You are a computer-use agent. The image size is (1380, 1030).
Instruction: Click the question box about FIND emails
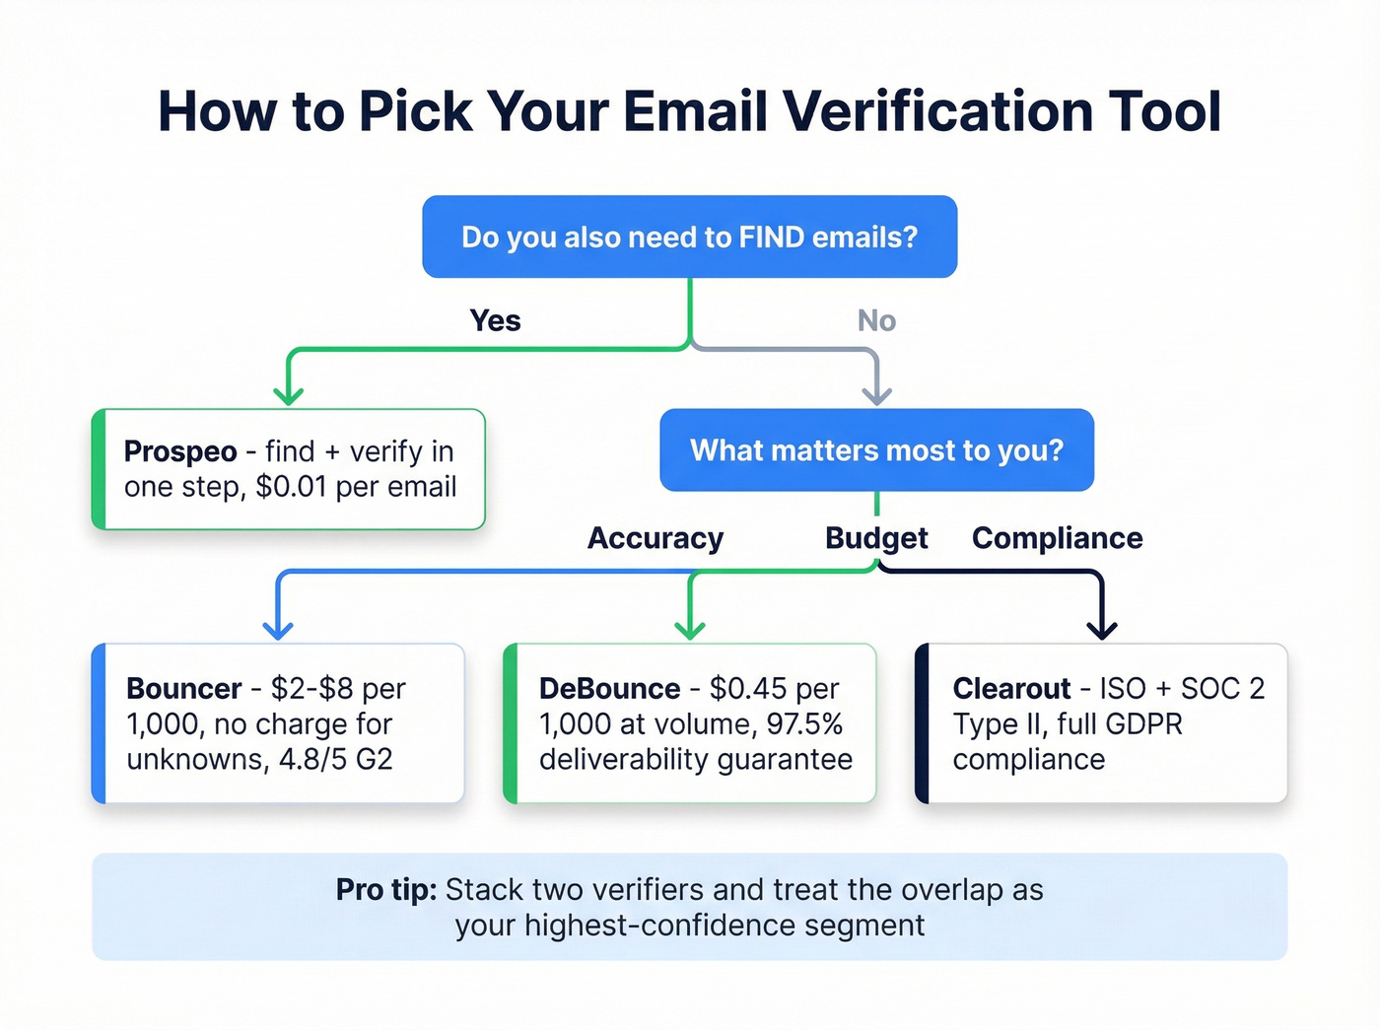tap(689, 238)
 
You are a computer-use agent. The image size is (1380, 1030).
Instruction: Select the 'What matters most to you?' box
tap(876, 450)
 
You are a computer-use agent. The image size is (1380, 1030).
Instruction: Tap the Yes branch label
tap(495, 320)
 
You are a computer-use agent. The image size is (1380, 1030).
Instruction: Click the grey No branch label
tap(876, 320)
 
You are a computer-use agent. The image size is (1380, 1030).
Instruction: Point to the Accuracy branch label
tap(655, 538)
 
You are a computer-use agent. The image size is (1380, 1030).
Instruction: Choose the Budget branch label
tap(876, 538)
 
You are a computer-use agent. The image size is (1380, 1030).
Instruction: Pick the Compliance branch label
tap(1057, 538)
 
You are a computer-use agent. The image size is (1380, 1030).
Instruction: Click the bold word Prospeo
tap(180, 451)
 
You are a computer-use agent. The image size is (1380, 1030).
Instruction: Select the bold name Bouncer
tap(184, 688)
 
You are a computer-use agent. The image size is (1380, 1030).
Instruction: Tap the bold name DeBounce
tap(609, 688)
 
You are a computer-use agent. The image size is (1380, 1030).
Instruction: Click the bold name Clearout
tap(1011, 688)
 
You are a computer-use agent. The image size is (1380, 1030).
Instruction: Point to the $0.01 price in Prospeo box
tap(292, 487)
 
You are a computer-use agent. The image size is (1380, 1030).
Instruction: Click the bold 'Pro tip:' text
tap(386, 890)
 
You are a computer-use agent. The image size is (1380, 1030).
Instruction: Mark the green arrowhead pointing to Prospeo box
tap(288, 394)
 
